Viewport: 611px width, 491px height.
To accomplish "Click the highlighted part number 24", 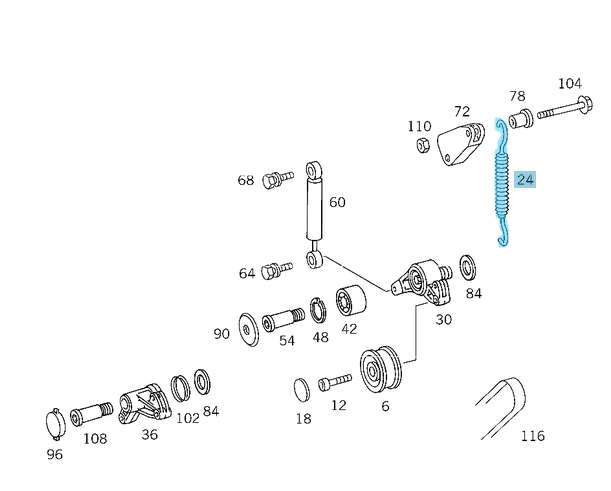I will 526,180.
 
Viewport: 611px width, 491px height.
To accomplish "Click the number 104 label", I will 569,84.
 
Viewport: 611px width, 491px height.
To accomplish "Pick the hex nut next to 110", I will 424,146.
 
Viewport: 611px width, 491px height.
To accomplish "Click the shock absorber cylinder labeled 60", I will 314,204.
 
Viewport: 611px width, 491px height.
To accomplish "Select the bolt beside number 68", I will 273,181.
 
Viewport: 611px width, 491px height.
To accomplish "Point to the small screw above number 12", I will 334,382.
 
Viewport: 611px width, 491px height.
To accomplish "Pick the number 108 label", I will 95,437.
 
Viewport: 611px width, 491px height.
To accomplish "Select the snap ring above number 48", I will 318,311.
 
